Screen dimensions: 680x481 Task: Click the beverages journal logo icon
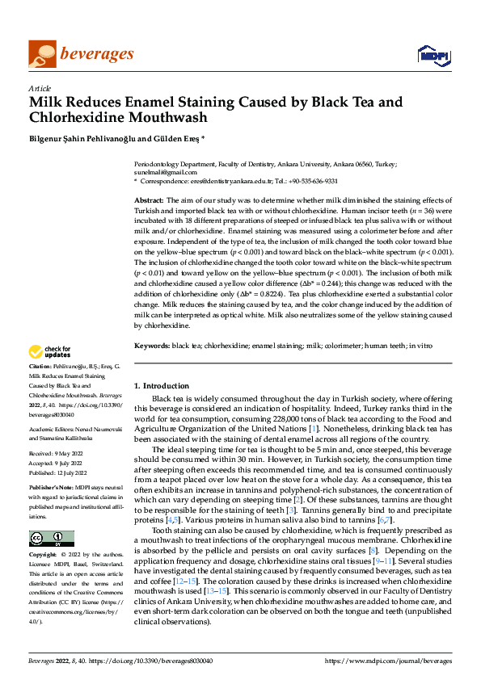tap(42, 54)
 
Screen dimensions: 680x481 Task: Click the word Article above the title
tap(40, 88)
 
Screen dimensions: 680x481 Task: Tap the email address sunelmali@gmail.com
tap(165, 172)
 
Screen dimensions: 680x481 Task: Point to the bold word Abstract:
tap(149, 199)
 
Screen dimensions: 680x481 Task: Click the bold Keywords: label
tap(151, 346)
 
